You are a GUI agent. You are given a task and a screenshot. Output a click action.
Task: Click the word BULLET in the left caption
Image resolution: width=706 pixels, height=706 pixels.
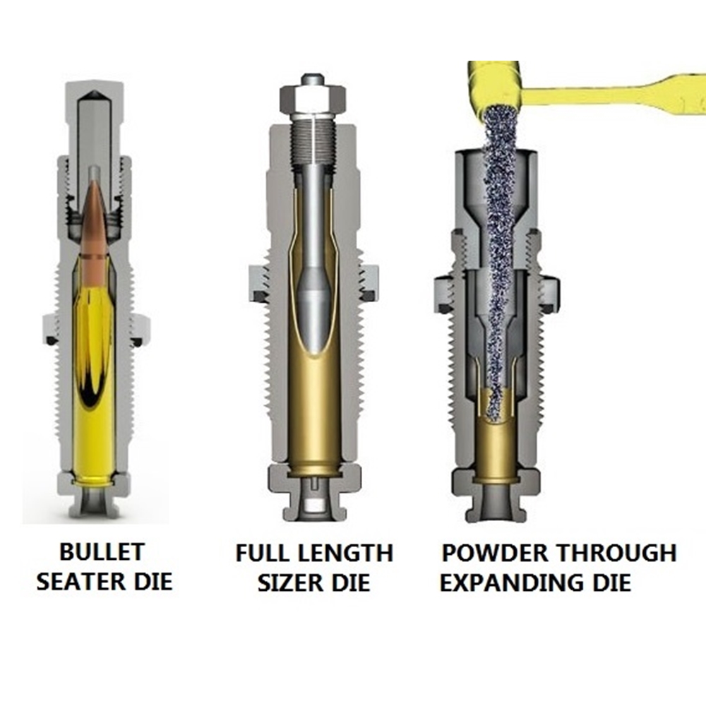[x=102, y=551]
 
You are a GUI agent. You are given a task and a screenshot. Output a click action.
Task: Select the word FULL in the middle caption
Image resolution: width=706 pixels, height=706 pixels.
[x=260, y=553]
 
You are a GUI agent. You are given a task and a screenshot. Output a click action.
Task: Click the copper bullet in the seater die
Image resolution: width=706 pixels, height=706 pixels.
[x=94, y=225]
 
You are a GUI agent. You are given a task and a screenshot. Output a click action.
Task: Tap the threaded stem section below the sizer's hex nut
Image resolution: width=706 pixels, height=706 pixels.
[x=313, y=140]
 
